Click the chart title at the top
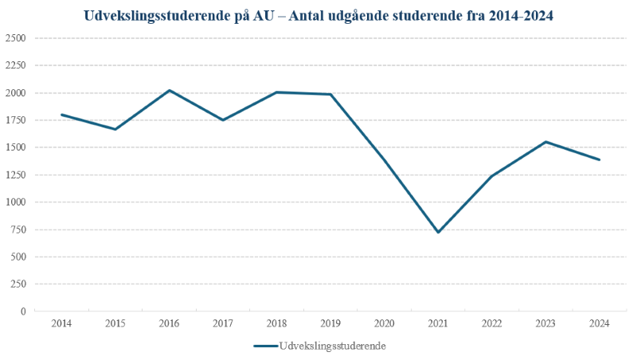click(318, 16)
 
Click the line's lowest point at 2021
click(439, 232)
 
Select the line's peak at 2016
click(170, 90)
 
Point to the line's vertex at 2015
click(115, 129)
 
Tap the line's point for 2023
click(545, 142)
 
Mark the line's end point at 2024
click(600, 159)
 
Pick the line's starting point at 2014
click(62, 115)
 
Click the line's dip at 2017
click(223, 119)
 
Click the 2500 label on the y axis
click(15, 38)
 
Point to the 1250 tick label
click(15, 174)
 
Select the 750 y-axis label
click(18, 229)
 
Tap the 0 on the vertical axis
click(24, 311)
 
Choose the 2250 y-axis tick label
click(15, 65)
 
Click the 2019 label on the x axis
click(330, 323)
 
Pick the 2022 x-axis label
click(492, 323)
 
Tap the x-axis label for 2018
click(276, 323)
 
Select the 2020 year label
click(385, 323)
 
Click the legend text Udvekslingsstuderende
click(332, 346)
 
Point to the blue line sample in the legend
click(266, 346)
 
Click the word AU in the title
click(264, 16)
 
